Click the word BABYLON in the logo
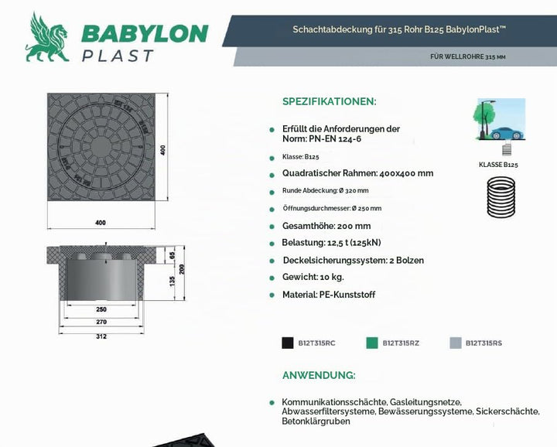[145, 34]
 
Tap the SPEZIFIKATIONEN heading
[330, 101]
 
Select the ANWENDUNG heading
[319, 375]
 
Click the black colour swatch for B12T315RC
[287, 343]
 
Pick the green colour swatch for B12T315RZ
[372, 343]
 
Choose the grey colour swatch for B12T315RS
[456, 343]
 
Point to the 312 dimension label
[101, 336]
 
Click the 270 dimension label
[101, 322]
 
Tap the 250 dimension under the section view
[101, 309]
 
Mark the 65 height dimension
[173, 255]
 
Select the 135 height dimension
[173, 282]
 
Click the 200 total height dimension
[182, 269]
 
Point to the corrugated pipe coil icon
[501, 196]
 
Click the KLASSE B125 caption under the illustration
[498, 165]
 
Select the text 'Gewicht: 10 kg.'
[313, 277]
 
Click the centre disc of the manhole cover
[101, 147]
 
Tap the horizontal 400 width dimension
[101, 223]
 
